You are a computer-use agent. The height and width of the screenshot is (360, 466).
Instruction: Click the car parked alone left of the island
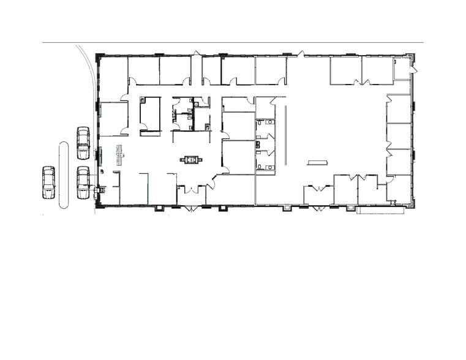coord(48,182)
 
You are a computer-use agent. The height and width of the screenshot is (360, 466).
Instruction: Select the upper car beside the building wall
coord(83,143)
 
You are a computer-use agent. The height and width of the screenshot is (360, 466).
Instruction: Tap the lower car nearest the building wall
coord(83,182)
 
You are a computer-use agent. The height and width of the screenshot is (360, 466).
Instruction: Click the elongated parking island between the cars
coord(63,175)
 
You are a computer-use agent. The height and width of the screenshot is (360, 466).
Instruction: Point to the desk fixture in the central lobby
coord(191,160)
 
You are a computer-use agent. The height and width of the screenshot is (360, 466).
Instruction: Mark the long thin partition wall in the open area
coord(286,135)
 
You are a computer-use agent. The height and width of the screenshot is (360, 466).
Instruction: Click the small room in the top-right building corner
coord(402,69)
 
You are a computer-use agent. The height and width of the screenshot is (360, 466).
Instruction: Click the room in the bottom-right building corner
coord(399,189)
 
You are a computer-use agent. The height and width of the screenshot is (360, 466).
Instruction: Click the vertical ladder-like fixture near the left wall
coord(120,156)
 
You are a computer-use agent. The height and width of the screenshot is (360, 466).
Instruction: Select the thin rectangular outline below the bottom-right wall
coord(380,210)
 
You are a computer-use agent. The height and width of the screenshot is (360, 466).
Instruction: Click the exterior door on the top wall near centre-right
coord(301,54)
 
